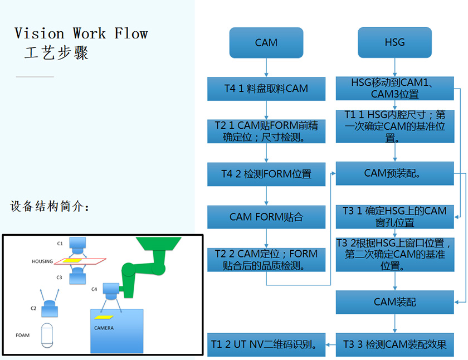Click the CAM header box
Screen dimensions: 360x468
(x=266, y=43)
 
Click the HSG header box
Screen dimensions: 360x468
(x=394, y=42)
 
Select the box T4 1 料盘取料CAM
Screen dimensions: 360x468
(x=266, y=89)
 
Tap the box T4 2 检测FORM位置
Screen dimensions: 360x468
(x=266, y=174)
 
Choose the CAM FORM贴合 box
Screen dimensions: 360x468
(x=266, y=216)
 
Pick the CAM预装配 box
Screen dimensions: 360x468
(x=394, y=173)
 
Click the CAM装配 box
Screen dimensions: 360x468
(x=394, y=303)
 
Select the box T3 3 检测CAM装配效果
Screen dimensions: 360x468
(x=394, y=344)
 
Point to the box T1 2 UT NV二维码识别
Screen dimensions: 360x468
(x=266, y=344)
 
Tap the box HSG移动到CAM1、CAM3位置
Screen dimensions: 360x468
(x=394, y=88)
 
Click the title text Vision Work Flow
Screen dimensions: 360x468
(x=81, y=33)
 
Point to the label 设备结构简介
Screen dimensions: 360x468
(x=50, y=206)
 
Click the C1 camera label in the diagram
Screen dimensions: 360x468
(x=60, y=244)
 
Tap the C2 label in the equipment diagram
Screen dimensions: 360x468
(x=33, y=308)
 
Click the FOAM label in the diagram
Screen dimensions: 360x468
(x=23, y=335)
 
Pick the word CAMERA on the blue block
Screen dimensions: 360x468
(x=104, y=328)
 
